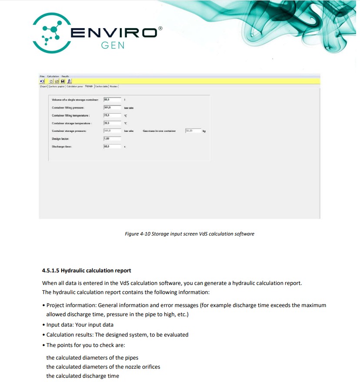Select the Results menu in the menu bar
[65, 76]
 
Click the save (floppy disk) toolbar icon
[63, 81]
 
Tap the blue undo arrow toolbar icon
[42, 81]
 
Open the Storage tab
[89, 86]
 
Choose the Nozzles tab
[114, 86]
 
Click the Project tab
[43, 86]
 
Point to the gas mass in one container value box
[193, 131]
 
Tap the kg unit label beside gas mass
[203, 131]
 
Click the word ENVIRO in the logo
[114, 33]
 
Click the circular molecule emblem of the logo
[52, 33]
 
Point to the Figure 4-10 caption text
[189, 234]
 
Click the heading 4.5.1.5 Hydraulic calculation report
[86, 271]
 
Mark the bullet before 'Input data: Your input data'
[43, 324]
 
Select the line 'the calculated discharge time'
[83, 376]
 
